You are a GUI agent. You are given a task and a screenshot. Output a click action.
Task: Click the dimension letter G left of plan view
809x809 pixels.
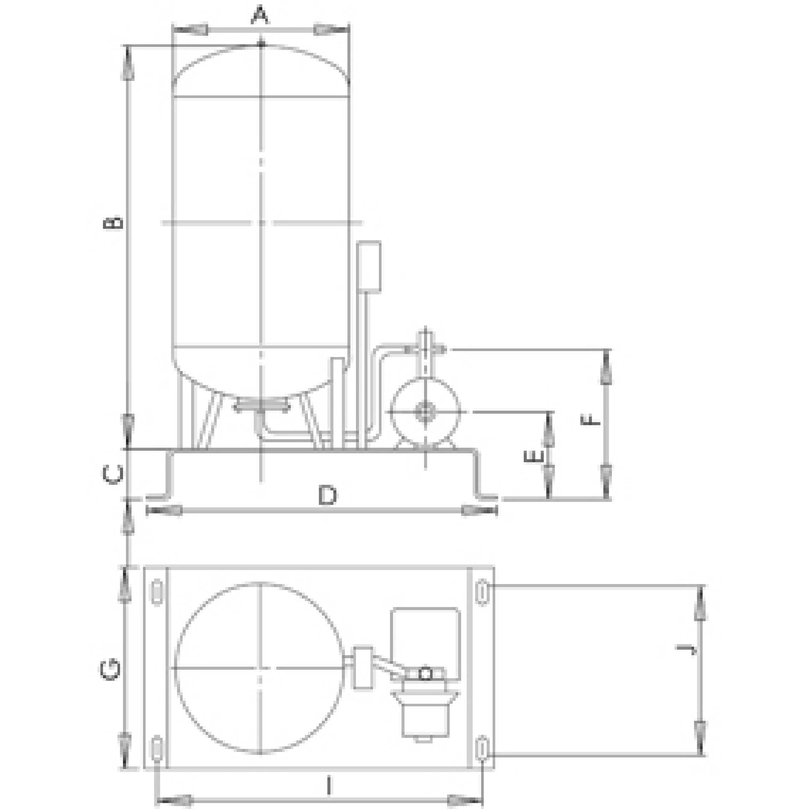111,670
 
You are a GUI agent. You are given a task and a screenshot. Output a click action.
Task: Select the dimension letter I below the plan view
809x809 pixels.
329,786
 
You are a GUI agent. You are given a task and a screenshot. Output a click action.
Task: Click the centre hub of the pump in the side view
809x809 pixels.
425,412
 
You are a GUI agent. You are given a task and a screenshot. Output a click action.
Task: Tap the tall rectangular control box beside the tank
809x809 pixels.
369,266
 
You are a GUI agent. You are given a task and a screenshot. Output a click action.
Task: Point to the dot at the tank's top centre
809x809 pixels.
261,44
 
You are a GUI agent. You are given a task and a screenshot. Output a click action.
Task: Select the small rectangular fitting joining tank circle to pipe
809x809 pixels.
363,667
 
